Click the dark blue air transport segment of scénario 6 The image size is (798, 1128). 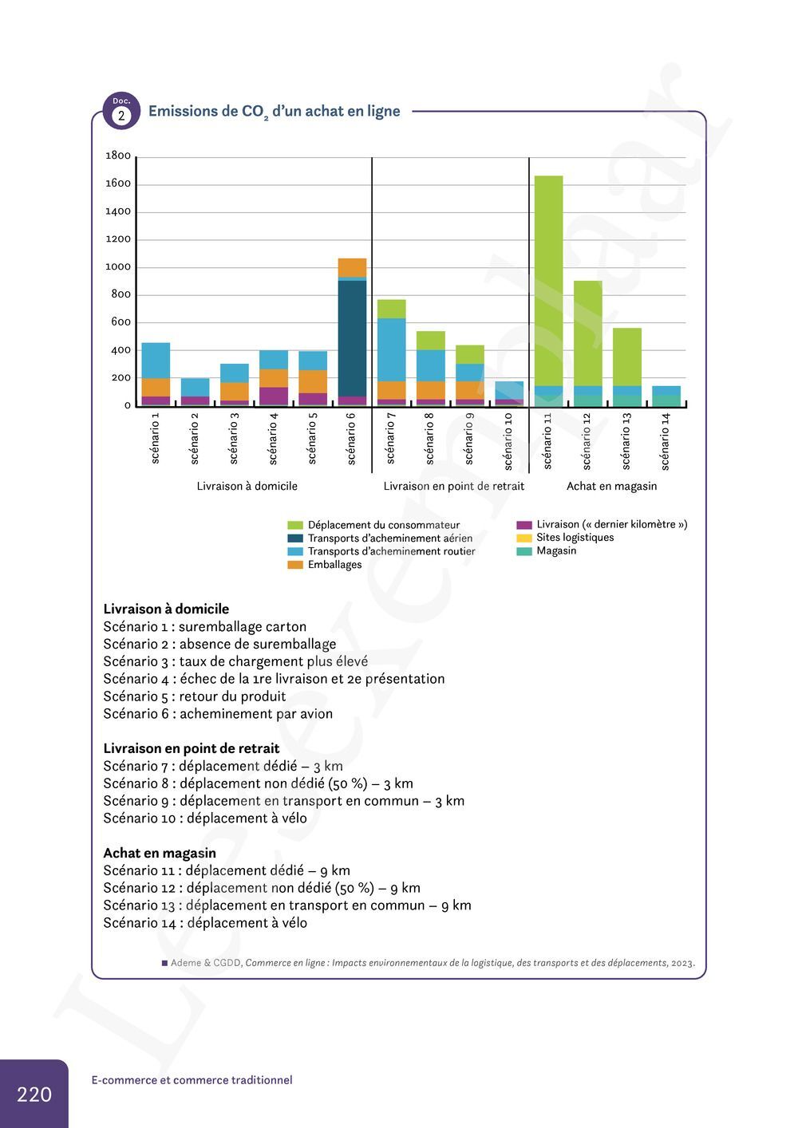(352, 338)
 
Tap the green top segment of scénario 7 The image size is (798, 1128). (391, 309)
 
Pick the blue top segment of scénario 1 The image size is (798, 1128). (156, 361)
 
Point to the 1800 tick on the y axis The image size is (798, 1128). (118, 156)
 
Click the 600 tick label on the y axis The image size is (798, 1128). (120, 322)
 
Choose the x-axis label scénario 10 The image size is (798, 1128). (508, 440)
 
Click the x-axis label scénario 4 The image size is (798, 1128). (273, 438)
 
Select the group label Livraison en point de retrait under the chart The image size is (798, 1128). (454, 486)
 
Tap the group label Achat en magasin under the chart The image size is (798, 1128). (612, 486)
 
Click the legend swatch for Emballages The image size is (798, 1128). (295, 565)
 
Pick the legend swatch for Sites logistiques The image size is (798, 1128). (524, 538)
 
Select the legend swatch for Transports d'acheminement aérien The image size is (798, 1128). (295, 538)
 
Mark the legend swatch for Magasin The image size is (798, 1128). (524, 551)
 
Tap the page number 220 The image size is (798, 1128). (34, 1094)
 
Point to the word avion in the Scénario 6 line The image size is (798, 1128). (314, 714)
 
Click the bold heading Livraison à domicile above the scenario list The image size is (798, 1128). (166, 609)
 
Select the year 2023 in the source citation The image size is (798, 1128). (681, 963)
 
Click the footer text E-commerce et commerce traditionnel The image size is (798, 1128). (192, 1080)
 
